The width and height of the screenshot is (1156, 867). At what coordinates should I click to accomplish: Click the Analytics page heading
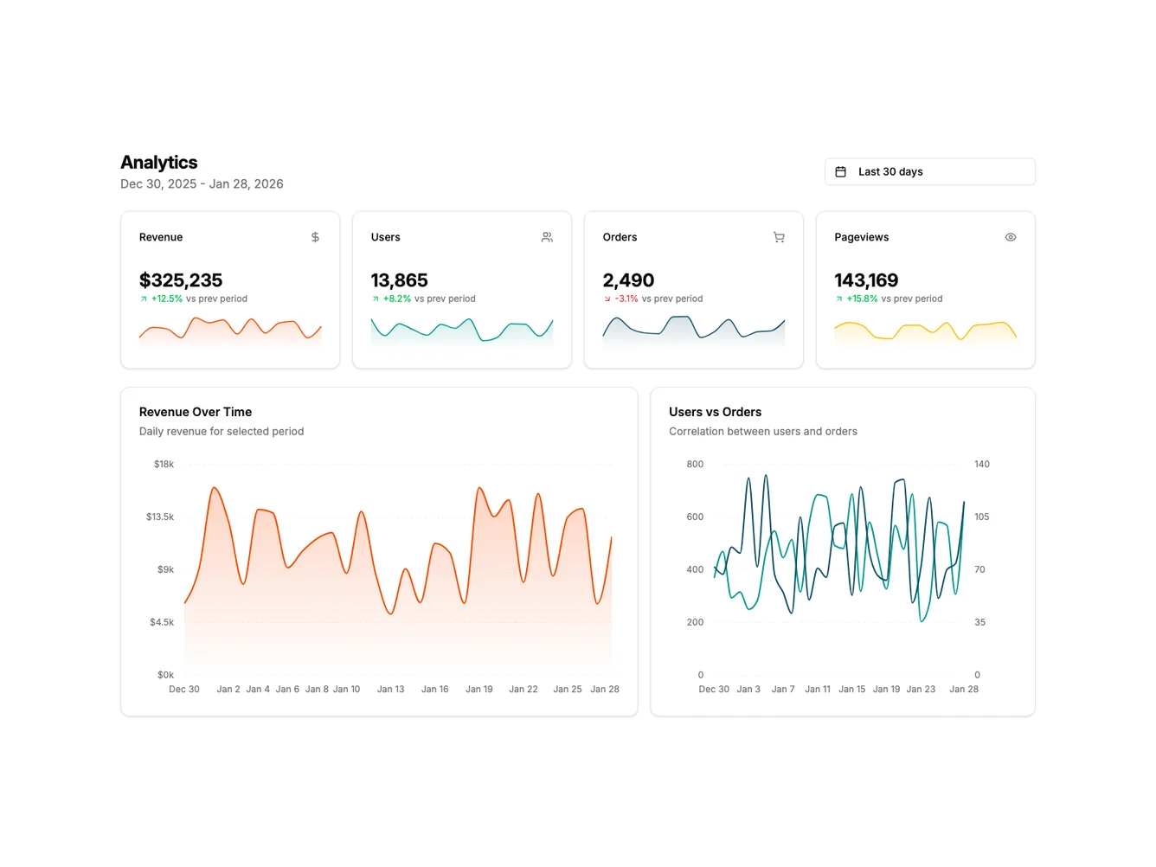point(158,163)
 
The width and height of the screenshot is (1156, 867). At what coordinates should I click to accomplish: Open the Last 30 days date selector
point(929,171)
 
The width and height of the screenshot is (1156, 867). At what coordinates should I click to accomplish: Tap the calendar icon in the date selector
point(840,171)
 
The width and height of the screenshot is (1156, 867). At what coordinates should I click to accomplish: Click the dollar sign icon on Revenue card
point(315,237)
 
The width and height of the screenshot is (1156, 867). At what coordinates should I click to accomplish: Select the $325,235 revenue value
point(181,280)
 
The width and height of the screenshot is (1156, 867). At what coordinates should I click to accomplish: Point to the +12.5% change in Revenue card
point(166,299)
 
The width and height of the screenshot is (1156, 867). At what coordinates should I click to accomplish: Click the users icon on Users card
point(547,237)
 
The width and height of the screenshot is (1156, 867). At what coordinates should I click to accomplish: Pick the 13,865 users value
point(399,280)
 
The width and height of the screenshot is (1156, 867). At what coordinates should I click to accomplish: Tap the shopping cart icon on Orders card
point(779,237)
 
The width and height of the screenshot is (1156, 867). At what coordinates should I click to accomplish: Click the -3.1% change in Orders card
point(626,299)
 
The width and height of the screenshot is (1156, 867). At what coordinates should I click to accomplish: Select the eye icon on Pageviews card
point(1010,237)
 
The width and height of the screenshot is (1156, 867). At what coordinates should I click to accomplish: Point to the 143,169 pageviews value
point(866,280)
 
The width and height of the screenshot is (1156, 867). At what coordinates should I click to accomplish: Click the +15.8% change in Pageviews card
point(862,299)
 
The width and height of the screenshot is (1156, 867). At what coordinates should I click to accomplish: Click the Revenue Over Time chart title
point(196,412)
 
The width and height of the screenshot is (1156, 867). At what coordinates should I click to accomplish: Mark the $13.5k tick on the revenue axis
point(160,517)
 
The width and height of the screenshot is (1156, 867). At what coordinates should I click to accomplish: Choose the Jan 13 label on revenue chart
point(390,689)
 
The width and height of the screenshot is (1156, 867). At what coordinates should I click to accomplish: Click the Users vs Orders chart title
point(715,412)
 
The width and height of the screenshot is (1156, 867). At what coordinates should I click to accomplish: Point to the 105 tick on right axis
point(981,517)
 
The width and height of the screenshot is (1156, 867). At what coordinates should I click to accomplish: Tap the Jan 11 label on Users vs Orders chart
point(817,689)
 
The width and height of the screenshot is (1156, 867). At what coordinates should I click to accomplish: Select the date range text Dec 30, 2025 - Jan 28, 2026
point(202,183)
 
